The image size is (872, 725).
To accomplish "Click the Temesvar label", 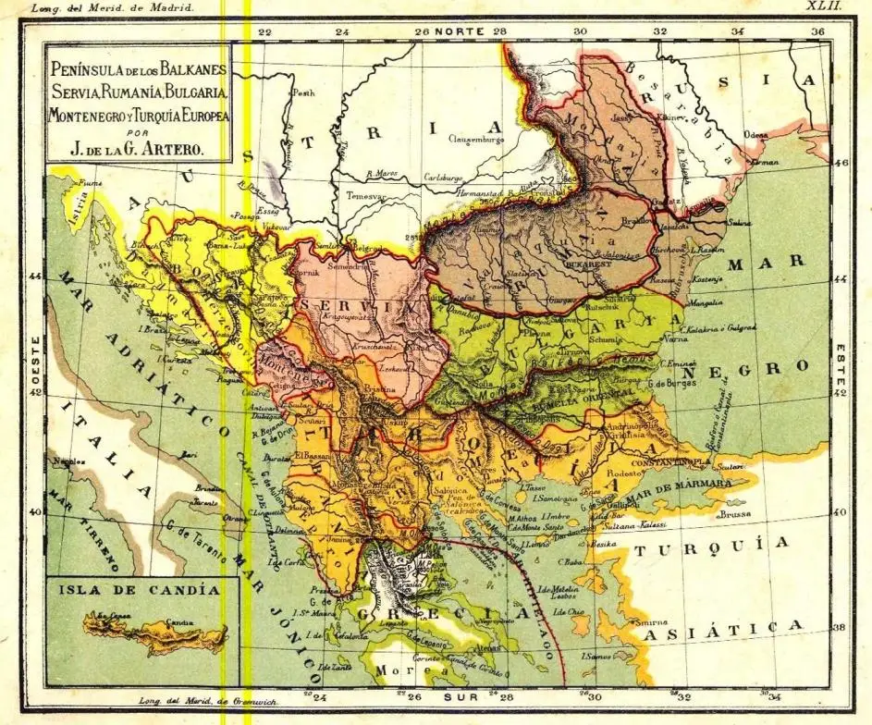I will [364, 195].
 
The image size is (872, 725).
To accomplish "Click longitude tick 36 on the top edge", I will [817, 31].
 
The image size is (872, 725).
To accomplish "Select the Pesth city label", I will [304, 93].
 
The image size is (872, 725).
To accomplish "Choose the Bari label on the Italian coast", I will [190, 454].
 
